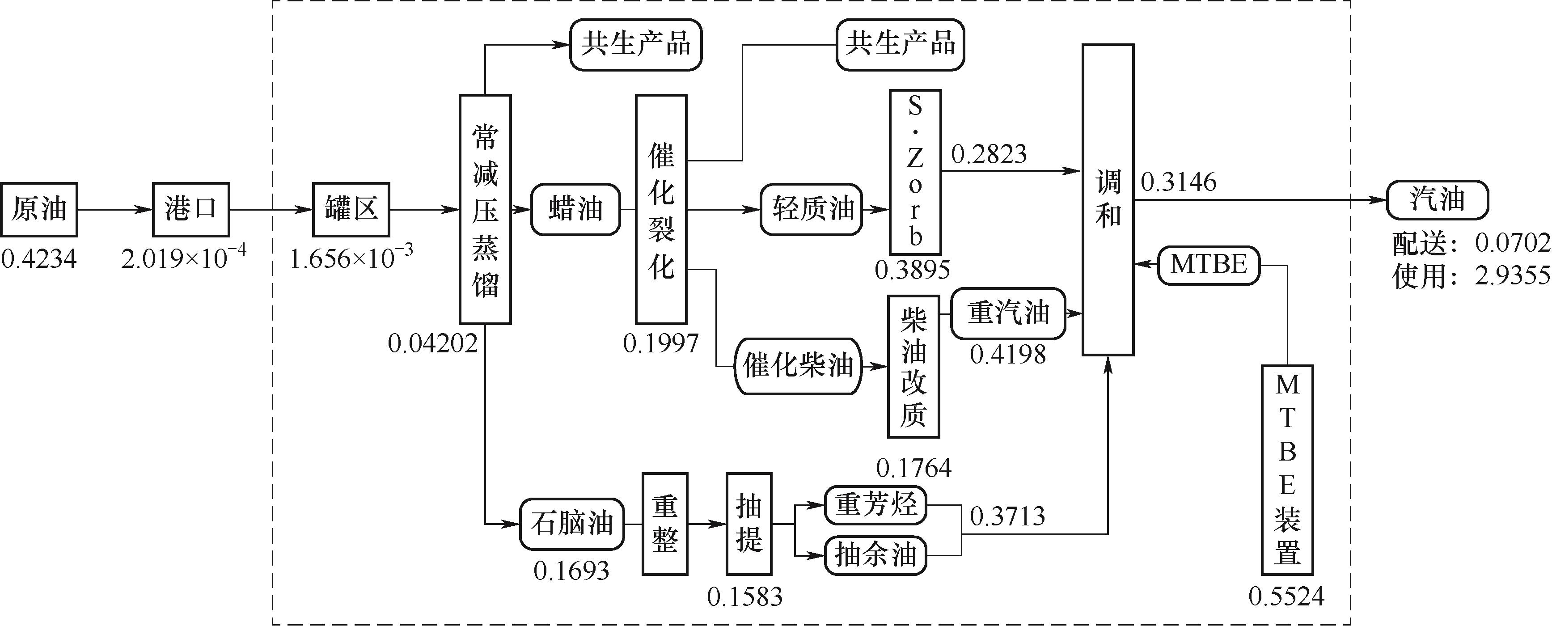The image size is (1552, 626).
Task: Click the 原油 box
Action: (x=38, y=209)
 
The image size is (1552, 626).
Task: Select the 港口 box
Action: (x=190, y=209)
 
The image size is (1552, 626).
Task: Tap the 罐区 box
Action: (x=351, y=209)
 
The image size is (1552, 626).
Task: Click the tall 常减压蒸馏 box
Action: (x=485, y=209)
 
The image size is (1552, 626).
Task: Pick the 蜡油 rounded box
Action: (x=575, y=209)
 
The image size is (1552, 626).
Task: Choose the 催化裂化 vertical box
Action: (x=661, y=209)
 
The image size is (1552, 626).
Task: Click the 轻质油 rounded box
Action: (x=811, y=209)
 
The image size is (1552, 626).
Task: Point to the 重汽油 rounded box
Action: (x=1008, y=313)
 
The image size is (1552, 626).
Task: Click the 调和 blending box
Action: (x=1108, y=199)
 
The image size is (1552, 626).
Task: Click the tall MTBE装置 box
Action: (x=1287, y=470)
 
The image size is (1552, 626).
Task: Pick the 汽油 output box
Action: (x=1438, y=199)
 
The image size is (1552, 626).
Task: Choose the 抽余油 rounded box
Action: (x=875, y=555)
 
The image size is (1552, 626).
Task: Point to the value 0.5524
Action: (x=1287, y=596)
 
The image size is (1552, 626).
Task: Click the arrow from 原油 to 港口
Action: (x=115, y=210)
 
